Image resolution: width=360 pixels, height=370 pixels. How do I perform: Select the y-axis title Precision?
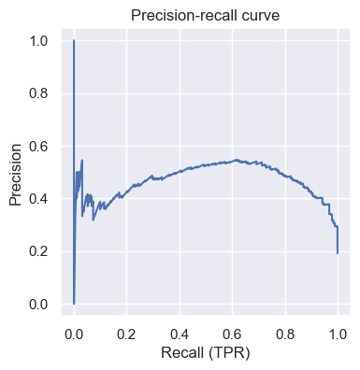point(16,173)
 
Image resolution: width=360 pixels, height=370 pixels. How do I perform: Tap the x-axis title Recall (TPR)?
point(206,356)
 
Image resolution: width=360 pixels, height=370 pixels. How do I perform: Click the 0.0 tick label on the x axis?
point(74,334)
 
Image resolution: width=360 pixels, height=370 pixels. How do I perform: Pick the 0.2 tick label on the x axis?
point(127,334)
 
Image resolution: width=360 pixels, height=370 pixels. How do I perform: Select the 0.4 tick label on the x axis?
point(180,334)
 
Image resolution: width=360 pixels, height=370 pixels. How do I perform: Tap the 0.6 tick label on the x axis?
point(233,334)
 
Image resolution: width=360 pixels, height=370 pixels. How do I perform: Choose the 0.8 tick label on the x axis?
point(285,334)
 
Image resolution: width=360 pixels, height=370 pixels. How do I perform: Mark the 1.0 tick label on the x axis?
point(338,334)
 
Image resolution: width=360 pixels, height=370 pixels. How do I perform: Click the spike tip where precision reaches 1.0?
point(74,41)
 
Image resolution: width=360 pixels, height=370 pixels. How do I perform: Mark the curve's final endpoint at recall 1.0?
point(338,253)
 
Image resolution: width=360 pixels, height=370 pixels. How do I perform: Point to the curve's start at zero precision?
point(74,304)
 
